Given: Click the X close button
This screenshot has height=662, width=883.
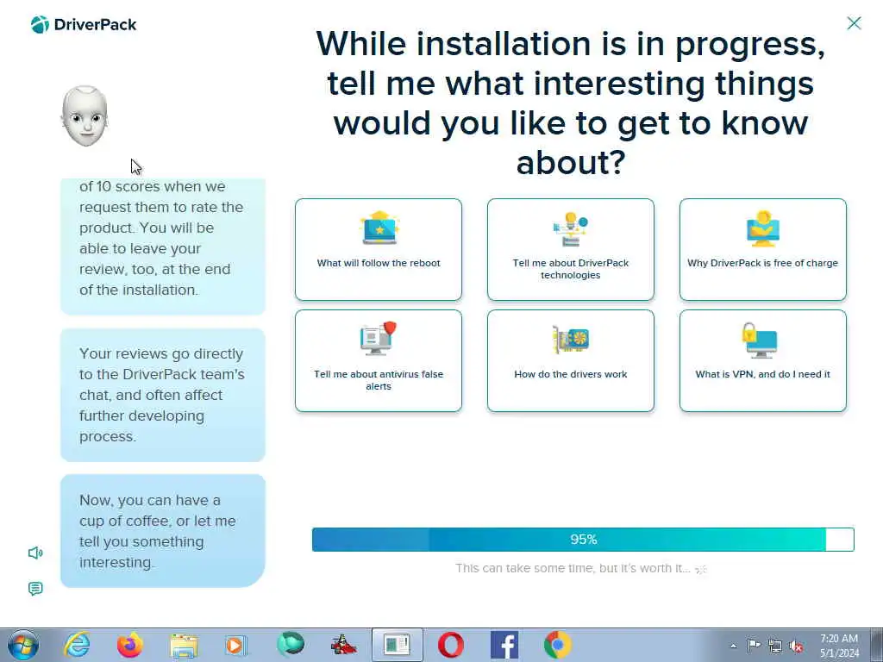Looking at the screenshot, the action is click(854, 23).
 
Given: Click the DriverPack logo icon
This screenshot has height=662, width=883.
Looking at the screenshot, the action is click(40, 25).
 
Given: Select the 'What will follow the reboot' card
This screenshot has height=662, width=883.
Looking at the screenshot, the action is click(379, 249).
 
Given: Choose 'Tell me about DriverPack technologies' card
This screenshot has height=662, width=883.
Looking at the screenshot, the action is click(571, 249).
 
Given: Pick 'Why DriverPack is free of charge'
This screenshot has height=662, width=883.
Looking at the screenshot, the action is click(762, 249).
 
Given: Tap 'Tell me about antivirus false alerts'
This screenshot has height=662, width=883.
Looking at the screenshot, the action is click(379, 361).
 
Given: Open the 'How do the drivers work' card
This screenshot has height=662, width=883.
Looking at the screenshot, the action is click(571, 361).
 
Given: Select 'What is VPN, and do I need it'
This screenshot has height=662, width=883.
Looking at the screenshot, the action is click(762, 361).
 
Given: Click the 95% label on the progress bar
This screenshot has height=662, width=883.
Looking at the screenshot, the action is click(584, 540).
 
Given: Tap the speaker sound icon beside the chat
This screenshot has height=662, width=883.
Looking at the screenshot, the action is click(35, 553).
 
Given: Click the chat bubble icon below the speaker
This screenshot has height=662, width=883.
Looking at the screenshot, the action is click(35, 589).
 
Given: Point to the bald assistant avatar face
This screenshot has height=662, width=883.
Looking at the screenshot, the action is click(85, 116).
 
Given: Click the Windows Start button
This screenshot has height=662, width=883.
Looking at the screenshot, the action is click(22, 645).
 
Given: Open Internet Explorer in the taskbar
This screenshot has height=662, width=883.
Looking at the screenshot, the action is click(76, 645).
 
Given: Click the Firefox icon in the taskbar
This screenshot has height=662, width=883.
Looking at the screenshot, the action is click(130, 645).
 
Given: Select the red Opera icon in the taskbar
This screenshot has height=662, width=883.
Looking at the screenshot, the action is click(450, 645).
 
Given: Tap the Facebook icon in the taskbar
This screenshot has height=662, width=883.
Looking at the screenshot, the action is click(504, 645).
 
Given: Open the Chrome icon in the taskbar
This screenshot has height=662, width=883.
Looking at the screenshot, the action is click(558, 645).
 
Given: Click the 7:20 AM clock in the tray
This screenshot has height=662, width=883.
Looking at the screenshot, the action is click(839, 639).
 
